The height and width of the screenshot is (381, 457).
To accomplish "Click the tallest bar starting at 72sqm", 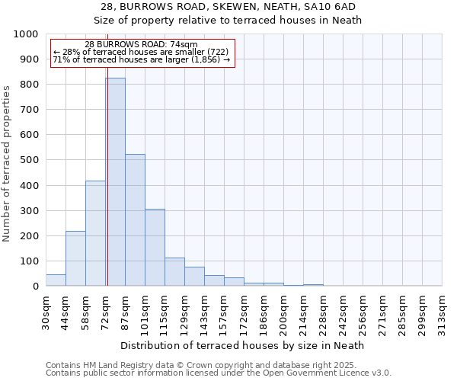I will tap(115, 182).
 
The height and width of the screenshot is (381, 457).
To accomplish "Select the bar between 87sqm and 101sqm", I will tap(135, 220).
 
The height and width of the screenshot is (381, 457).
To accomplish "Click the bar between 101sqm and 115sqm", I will tap(155, 248).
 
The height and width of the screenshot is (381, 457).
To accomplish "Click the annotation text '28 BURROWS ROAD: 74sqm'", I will tap(141, 45).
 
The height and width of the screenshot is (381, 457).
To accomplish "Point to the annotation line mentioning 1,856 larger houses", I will tap(141, 59).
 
